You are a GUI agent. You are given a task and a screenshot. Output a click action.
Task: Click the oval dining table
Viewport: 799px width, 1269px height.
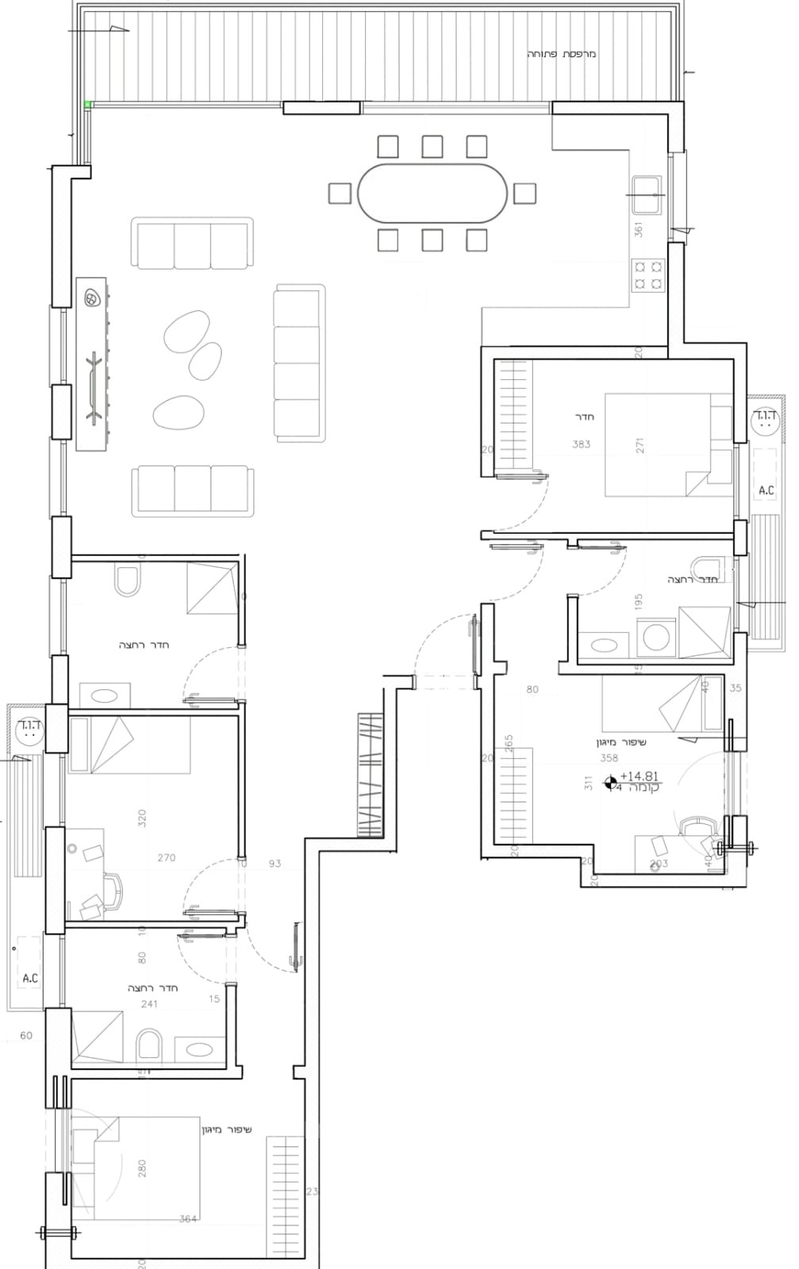click(x=432, y=194)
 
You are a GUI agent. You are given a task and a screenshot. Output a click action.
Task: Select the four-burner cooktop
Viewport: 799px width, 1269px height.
click(x=647, y=275)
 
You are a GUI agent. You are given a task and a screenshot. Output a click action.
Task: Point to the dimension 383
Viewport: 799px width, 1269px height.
click(x=582, y=444)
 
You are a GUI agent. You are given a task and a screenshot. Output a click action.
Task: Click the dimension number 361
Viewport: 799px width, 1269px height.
click(x=639, y=229)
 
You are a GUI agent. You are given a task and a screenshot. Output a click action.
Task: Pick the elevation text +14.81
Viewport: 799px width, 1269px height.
click(x=640, y=777)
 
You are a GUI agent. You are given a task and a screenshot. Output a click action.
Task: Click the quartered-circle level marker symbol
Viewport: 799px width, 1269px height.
click(x=611, y=785)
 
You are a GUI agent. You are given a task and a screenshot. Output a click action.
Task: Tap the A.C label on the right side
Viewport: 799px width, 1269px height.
click(x=766, y=491)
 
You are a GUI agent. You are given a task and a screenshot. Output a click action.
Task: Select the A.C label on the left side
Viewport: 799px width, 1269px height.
click(x=30, y=978)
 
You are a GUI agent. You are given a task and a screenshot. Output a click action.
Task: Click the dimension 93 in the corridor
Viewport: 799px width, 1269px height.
click(x=275, y=863)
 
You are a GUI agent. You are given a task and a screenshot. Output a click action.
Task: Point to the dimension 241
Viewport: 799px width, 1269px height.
click(x=148, y=1003)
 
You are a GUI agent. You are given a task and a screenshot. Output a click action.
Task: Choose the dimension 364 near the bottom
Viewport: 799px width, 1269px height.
click(x=187, y=1219)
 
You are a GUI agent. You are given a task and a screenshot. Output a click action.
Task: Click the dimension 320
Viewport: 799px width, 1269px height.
click(x=143, y=819)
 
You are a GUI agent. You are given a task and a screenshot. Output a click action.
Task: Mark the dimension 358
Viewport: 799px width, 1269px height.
click(x=609, y=758)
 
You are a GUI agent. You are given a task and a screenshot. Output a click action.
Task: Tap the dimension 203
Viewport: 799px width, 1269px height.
click(x=659, y=863)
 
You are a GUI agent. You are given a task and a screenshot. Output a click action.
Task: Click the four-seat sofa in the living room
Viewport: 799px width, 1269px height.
click(x=300, y=362)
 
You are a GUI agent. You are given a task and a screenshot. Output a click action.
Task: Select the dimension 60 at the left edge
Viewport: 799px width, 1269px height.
click(x=26, y=1035)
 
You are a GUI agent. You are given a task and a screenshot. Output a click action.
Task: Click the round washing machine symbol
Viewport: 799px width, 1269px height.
click(x=656, y=637)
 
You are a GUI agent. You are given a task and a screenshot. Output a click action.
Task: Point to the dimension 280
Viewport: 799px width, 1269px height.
click(x=143, y=1168)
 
